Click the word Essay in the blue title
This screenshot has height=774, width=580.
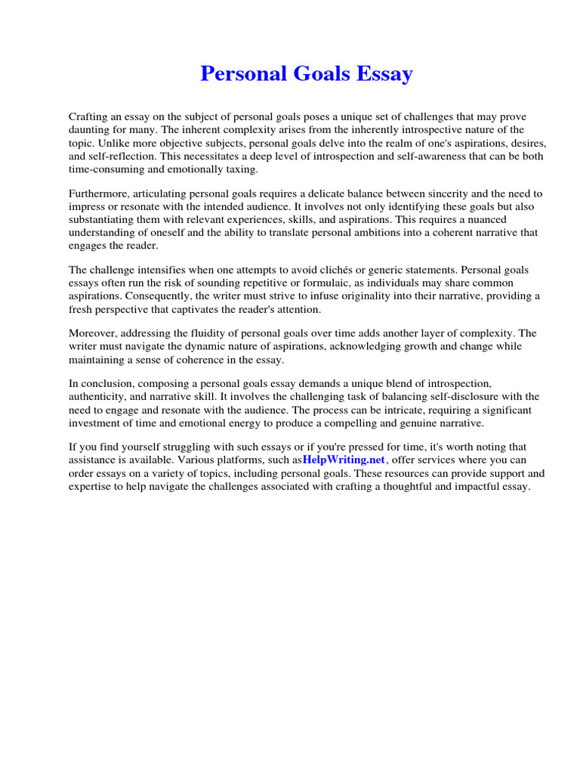[383, 74]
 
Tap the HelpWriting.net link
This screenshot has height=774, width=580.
[344, 460]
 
